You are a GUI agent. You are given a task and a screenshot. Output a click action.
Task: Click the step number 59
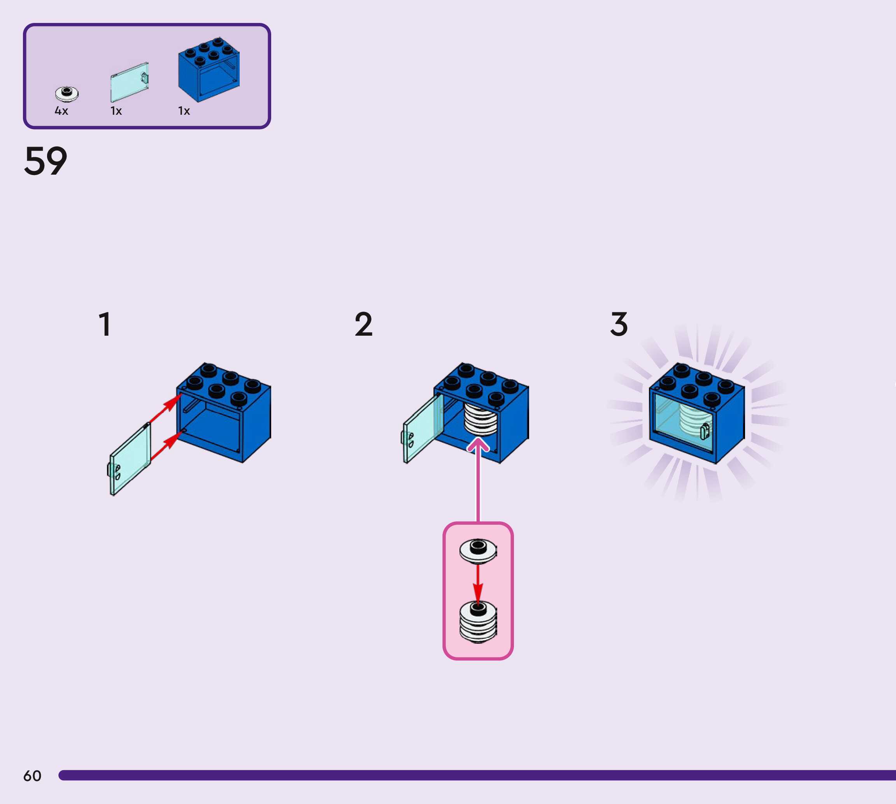click(46, 161)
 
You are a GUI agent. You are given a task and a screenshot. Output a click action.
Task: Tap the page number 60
click(32, 776)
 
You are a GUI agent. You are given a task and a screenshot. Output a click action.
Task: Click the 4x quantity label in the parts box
click(61, 111)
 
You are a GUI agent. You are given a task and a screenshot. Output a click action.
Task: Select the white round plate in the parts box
click(67, 93)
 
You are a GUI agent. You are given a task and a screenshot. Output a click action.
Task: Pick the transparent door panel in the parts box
click(129, 82)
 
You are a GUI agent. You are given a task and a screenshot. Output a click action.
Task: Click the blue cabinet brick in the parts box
click(209, 70)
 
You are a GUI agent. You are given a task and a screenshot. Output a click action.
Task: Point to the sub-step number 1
click(105, 325)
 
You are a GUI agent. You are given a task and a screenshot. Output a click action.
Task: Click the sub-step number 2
click(364, 325)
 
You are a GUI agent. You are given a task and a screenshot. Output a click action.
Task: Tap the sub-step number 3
click(619, 325)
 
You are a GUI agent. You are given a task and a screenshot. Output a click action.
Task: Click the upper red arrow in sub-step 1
click(165, 407)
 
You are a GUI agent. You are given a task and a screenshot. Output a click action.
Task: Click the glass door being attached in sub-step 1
click(130, 459)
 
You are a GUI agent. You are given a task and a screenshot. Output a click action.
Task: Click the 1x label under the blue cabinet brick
click(184, 111)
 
